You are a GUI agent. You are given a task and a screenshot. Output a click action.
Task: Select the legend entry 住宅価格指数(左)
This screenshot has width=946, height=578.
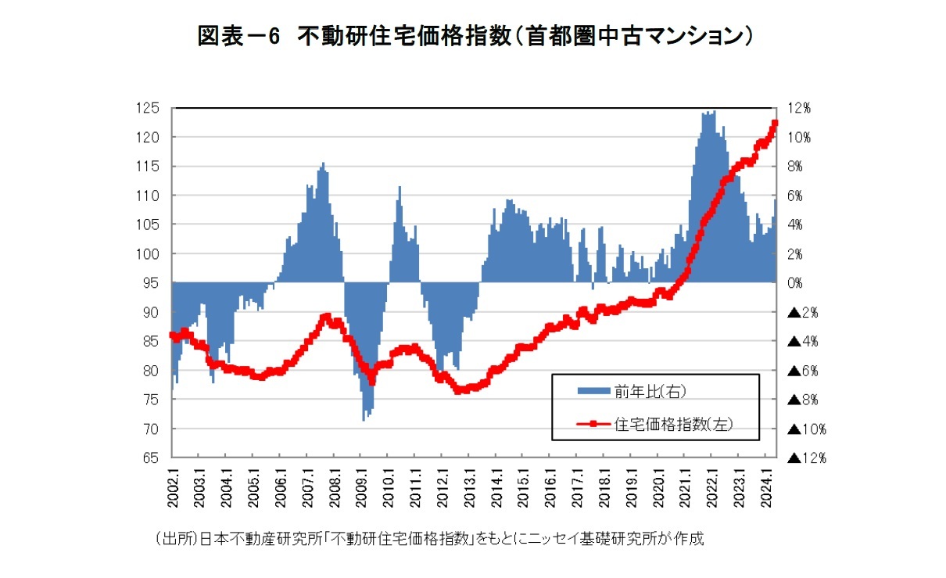(674, 424)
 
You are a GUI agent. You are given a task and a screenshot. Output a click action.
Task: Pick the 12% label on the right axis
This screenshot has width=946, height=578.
(800, 108)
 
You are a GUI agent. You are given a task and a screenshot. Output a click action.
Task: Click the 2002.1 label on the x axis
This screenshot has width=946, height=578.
(173, 486)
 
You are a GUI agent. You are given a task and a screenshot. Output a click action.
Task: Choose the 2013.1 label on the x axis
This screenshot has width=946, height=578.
(470, 486)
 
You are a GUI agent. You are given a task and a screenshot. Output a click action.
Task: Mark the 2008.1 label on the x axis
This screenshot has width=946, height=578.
(335, 486)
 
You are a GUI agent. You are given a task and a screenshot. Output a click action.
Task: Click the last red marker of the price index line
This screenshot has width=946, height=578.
(776, 122)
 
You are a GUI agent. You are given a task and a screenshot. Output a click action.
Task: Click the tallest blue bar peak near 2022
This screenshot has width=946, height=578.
(713, 111)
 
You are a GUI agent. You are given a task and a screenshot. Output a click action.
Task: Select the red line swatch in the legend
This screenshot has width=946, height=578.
(593, 424)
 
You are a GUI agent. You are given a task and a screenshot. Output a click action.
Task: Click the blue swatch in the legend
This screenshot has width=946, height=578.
(593, 390)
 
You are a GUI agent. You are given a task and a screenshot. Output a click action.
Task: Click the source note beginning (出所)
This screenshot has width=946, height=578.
(430, 539)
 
